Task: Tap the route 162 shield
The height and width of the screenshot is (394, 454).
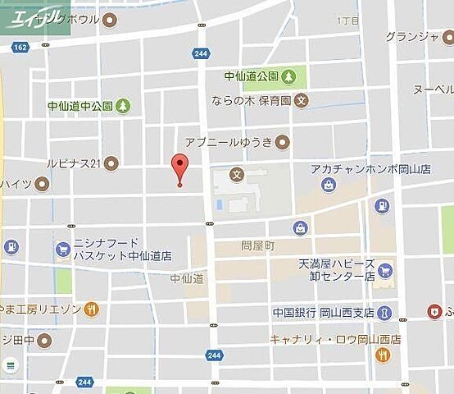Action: (x=20, y=48)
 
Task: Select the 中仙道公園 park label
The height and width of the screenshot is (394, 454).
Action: (x=252, y=76)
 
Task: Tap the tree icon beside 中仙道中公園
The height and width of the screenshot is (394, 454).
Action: (x=123, y=105)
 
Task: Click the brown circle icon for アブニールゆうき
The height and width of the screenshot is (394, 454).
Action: (x=283, y=141)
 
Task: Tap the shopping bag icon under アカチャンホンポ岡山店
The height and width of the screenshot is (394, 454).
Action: (x=329, y=186)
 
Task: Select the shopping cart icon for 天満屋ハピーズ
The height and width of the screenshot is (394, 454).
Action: (x=385, y=270)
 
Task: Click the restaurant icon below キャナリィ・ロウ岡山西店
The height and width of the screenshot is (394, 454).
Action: (x=383, y=355)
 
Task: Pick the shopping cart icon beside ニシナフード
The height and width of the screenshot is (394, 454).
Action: (x=62, y=249)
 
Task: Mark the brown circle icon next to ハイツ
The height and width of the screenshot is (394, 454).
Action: (x=41, y=183)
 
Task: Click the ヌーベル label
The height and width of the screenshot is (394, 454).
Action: (x=433, y=89)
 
